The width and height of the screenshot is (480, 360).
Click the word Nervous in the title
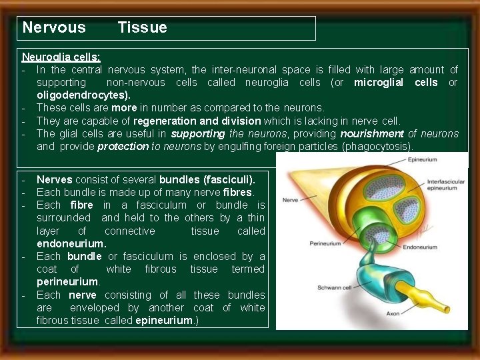tap(54, 28)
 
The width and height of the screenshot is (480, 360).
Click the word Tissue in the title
tap(142, 28)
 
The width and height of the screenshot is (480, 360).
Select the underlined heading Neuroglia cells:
tap(61, 57)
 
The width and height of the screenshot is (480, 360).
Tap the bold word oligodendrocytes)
tap(83, 95)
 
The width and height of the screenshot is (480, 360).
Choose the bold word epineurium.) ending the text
tap(164, 321)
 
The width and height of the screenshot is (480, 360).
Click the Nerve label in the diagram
tap(290, 199)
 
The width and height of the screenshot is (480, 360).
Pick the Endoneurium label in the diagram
tap(421, 247)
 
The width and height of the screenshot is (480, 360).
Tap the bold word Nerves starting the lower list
tap(53, 180)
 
